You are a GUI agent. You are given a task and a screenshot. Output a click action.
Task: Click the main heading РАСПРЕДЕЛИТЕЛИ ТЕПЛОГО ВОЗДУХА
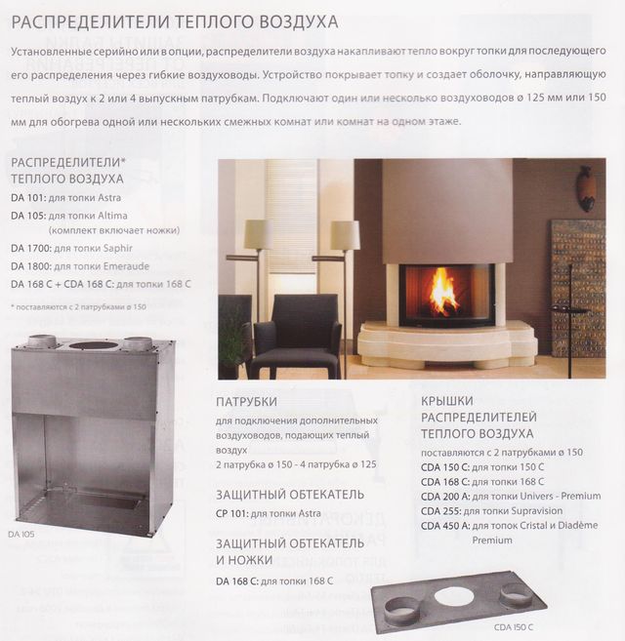coord(175,20)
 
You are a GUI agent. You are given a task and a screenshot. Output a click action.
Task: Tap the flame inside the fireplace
coord(443,290)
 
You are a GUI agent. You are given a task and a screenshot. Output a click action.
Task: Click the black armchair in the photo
coord(294,333)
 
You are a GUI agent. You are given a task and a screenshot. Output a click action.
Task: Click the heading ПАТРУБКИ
coord(246,402)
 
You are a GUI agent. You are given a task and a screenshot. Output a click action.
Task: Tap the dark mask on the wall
coord(586,187)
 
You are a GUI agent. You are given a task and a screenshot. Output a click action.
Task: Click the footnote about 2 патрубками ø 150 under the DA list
coord(79,307)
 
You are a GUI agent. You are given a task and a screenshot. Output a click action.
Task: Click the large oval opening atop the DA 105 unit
coord(95,345)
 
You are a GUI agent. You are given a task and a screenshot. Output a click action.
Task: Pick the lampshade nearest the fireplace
coord(344,235)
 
